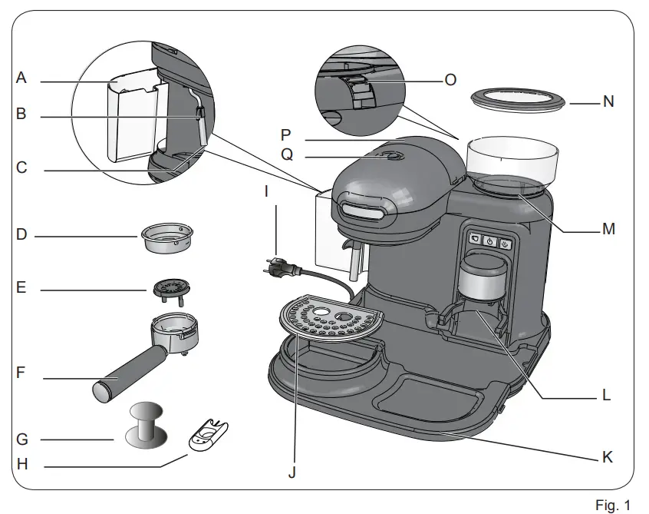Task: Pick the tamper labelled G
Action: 144,424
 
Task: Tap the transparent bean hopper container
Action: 511,160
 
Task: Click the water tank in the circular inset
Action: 134,115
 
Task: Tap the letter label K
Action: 606,456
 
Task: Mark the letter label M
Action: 608,229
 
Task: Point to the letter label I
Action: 266,191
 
